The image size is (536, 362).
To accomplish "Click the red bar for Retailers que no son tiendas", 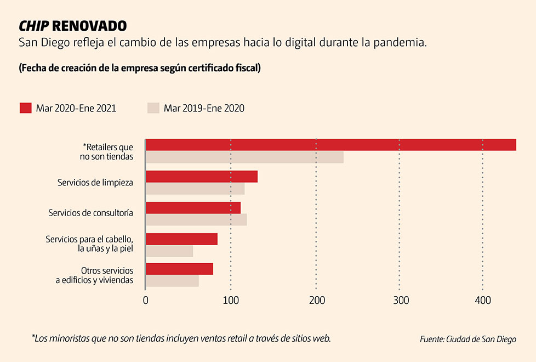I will click(x=330, y=145).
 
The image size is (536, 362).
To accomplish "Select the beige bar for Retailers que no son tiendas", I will click(x=244, y=157).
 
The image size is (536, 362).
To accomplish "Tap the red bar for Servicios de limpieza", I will click(x=202, y=177).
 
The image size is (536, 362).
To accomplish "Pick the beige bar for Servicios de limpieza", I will click(x=195, y=189).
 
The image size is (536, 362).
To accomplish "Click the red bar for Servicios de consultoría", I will click(x=193, y=208).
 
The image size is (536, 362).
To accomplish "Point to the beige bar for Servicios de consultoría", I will click(x=196, y=220).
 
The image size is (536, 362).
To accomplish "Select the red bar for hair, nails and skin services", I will click(x=181, y=239).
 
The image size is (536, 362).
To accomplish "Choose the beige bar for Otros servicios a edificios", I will click(x=172, y=281).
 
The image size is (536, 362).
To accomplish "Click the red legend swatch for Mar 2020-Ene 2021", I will click(x=26, y=108).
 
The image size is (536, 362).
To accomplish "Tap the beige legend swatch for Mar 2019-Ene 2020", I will click(x=153, y=108).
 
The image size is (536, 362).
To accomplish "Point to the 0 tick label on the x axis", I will click(x=145, y=300).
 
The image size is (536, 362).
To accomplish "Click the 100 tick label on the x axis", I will click(x=231, y=300).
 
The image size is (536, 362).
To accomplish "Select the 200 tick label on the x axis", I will click(x=317, y=300).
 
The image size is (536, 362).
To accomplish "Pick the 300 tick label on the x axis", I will click(x=402, y=300).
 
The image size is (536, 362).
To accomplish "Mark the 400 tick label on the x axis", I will click(x=482, y=300).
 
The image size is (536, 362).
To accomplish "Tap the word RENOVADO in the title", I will click(x=89, y=26).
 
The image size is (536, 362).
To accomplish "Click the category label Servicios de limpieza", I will click(x=95, y=182).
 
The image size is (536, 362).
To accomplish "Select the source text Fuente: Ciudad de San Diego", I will click(x=468, y=339).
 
